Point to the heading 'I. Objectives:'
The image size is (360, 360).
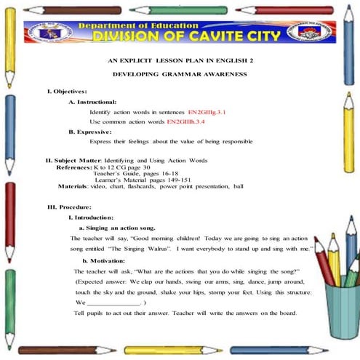coord(67,91)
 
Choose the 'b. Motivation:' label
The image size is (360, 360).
coord(107,260)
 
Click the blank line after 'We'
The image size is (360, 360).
coord(113,302)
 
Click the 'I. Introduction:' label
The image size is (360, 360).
coord(91,217)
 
